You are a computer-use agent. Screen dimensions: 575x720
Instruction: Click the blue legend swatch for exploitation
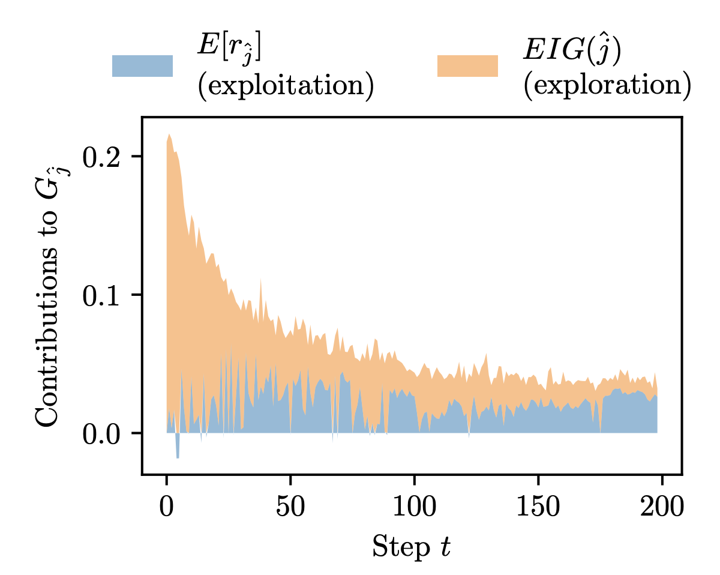tap(142, 66)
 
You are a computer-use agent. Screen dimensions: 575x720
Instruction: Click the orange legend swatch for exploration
tap(467, 66)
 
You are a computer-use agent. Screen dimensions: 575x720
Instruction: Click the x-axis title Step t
tap(411, 547)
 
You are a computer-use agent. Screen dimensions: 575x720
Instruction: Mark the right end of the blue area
tap(656, 414)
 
